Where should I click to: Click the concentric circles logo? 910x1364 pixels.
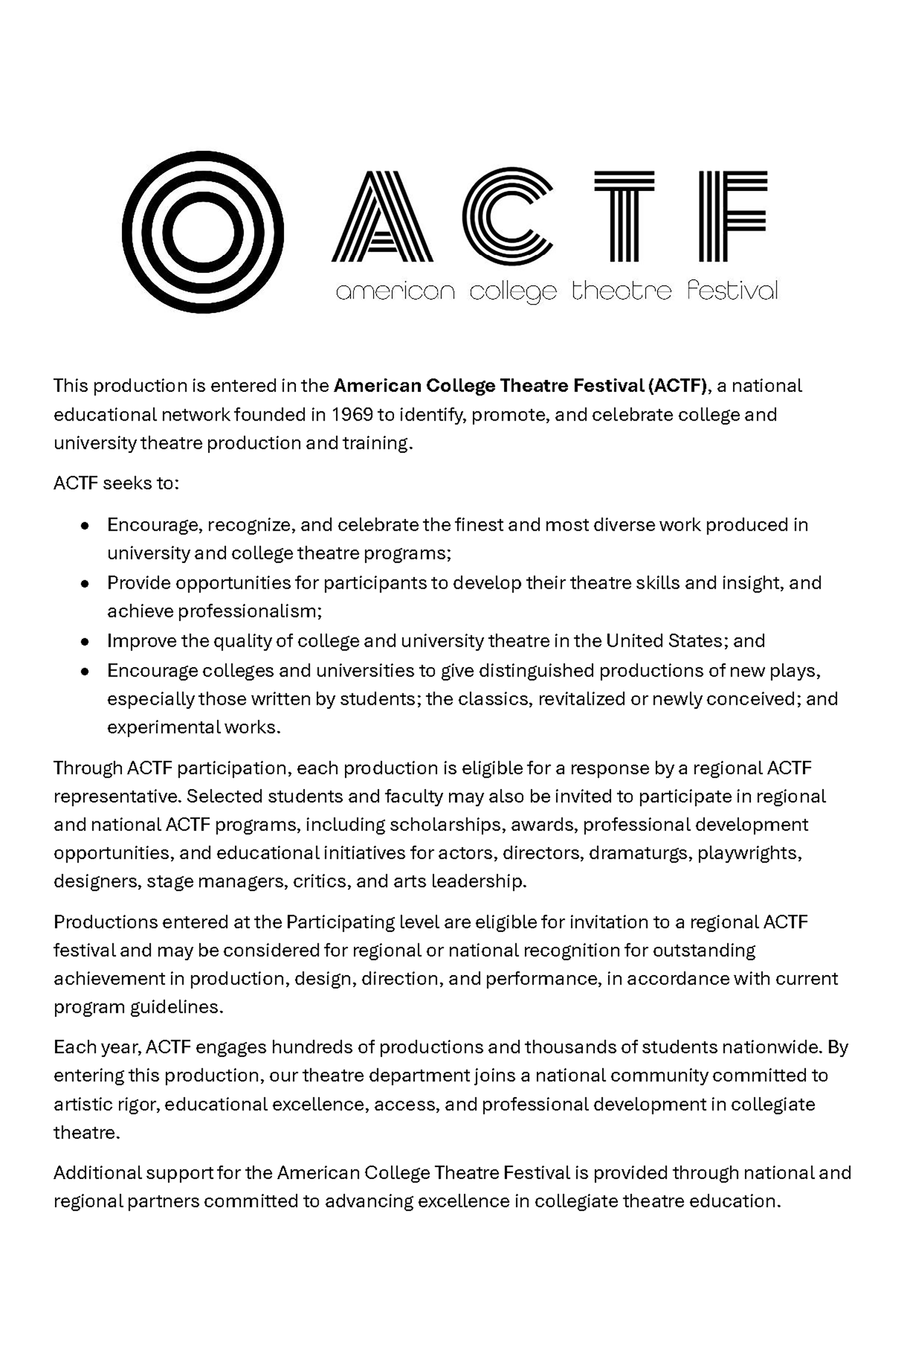click(x=203, y=232)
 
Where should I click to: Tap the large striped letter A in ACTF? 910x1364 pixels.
click(x=382, y=216)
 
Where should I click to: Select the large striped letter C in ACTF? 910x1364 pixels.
click(x=506, y=216)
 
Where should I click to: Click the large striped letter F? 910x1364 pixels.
click(x=732, y=216)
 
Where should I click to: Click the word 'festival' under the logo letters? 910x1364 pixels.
click(x=732, y=290)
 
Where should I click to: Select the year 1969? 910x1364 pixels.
click(x=352, y=414)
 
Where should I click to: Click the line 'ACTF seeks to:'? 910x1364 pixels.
click(x=116, y=483)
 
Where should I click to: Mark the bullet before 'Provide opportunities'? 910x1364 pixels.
click(x=85, y=584)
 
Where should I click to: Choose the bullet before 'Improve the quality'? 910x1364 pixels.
click(x=85, y=642)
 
